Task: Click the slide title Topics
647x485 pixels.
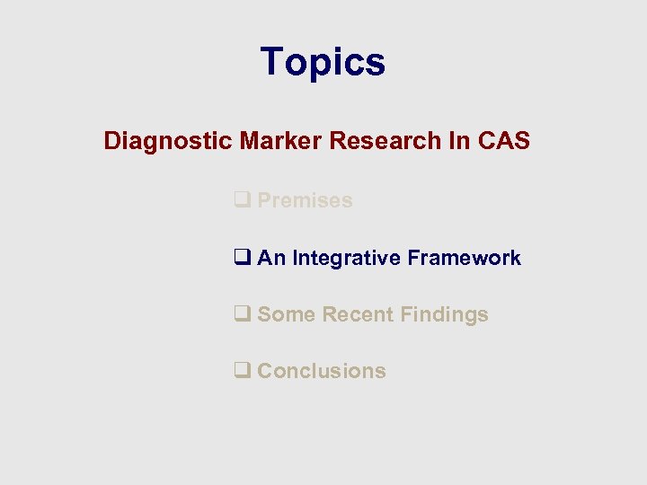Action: pyautogui.click(x=323, y=62)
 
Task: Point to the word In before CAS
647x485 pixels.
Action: pyautogui.click(x=454, y=141)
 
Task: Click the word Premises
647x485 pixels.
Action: pyautogui.click(x=305, y=201)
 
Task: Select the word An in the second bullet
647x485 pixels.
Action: pyautogui.click(x=271, y=259)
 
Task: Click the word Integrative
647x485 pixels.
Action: pyautogui.click(x=347, y=259)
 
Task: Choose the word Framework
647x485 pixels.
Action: pyautogui.click(x=464, y=259)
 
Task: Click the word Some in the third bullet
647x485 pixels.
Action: pyautogui.click(x=286, y=315)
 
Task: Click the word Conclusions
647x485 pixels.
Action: pyautogui.click(x=322, y=372)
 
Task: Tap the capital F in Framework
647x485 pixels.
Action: pyautogui.click(x=412, y=259)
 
